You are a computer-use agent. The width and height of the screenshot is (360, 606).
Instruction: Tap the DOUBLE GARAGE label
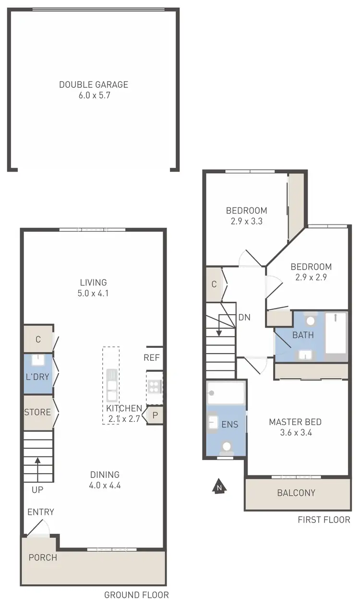(94, 84)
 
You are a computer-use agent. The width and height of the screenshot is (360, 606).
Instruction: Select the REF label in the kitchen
(152, 357)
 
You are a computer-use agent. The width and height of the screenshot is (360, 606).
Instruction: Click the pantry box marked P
(155, 416)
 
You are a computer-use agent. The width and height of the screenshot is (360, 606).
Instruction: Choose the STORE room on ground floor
(37, 412)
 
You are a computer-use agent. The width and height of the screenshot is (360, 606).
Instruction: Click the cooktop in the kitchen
(155, 386)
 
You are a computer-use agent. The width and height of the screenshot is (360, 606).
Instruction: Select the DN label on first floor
(244, 317)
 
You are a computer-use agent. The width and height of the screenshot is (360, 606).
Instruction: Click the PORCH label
(43, 558)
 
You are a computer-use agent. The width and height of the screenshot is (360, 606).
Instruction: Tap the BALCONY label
(296, 493)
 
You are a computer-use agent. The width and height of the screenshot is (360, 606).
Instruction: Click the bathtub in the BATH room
(336, 335)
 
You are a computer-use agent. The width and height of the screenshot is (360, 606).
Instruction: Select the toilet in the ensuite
(226, 447)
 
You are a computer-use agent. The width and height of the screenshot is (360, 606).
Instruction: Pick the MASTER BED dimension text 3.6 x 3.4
(295, 433)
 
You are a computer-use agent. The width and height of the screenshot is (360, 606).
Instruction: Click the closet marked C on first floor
(214, 284)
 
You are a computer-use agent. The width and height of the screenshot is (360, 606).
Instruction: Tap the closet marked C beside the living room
(37, 340)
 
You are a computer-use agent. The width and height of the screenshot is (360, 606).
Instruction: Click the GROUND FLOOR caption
(136, 595)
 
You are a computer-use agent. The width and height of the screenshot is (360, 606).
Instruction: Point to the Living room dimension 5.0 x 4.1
(94, 293)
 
